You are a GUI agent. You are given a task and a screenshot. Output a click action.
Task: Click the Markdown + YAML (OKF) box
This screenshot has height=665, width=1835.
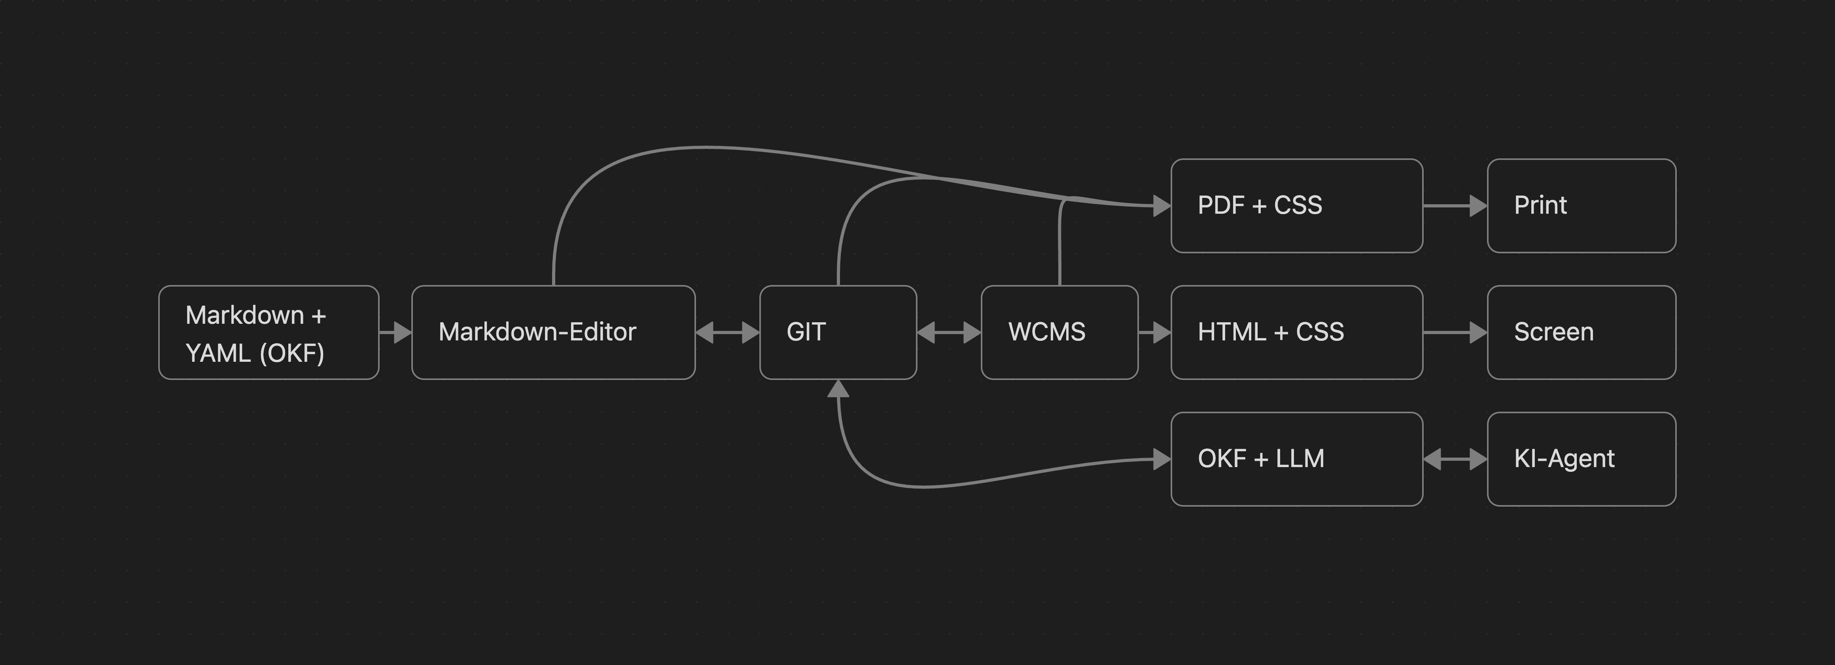[269, 332]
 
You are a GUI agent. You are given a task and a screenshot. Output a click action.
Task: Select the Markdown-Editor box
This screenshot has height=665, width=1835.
[554, 332]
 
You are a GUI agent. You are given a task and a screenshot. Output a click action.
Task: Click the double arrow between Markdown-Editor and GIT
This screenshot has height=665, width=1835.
[727, 332]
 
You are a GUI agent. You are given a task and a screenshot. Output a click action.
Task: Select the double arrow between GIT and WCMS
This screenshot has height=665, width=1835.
[949, 332]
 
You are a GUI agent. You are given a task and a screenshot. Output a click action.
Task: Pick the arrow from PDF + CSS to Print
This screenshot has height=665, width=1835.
[1455, 205]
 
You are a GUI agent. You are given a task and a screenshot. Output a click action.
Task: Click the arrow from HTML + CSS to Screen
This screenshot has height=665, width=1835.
[1455, 332]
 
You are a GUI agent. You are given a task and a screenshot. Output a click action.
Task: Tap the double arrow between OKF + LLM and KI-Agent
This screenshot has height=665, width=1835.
[1455, 459]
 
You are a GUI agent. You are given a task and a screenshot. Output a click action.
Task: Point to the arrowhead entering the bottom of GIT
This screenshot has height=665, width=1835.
[838, 388]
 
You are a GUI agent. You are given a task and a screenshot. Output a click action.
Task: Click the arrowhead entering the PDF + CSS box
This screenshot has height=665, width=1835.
[1162, 205]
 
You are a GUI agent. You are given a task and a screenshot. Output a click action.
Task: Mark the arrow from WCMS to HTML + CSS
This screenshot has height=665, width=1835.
[1155, 332]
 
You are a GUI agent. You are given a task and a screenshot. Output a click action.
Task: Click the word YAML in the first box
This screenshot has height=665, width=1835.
[217, 353]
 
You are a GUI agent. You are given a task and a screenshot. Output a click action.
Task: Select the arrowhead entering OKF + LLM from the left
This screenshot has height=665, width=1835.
[1162, 459]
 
